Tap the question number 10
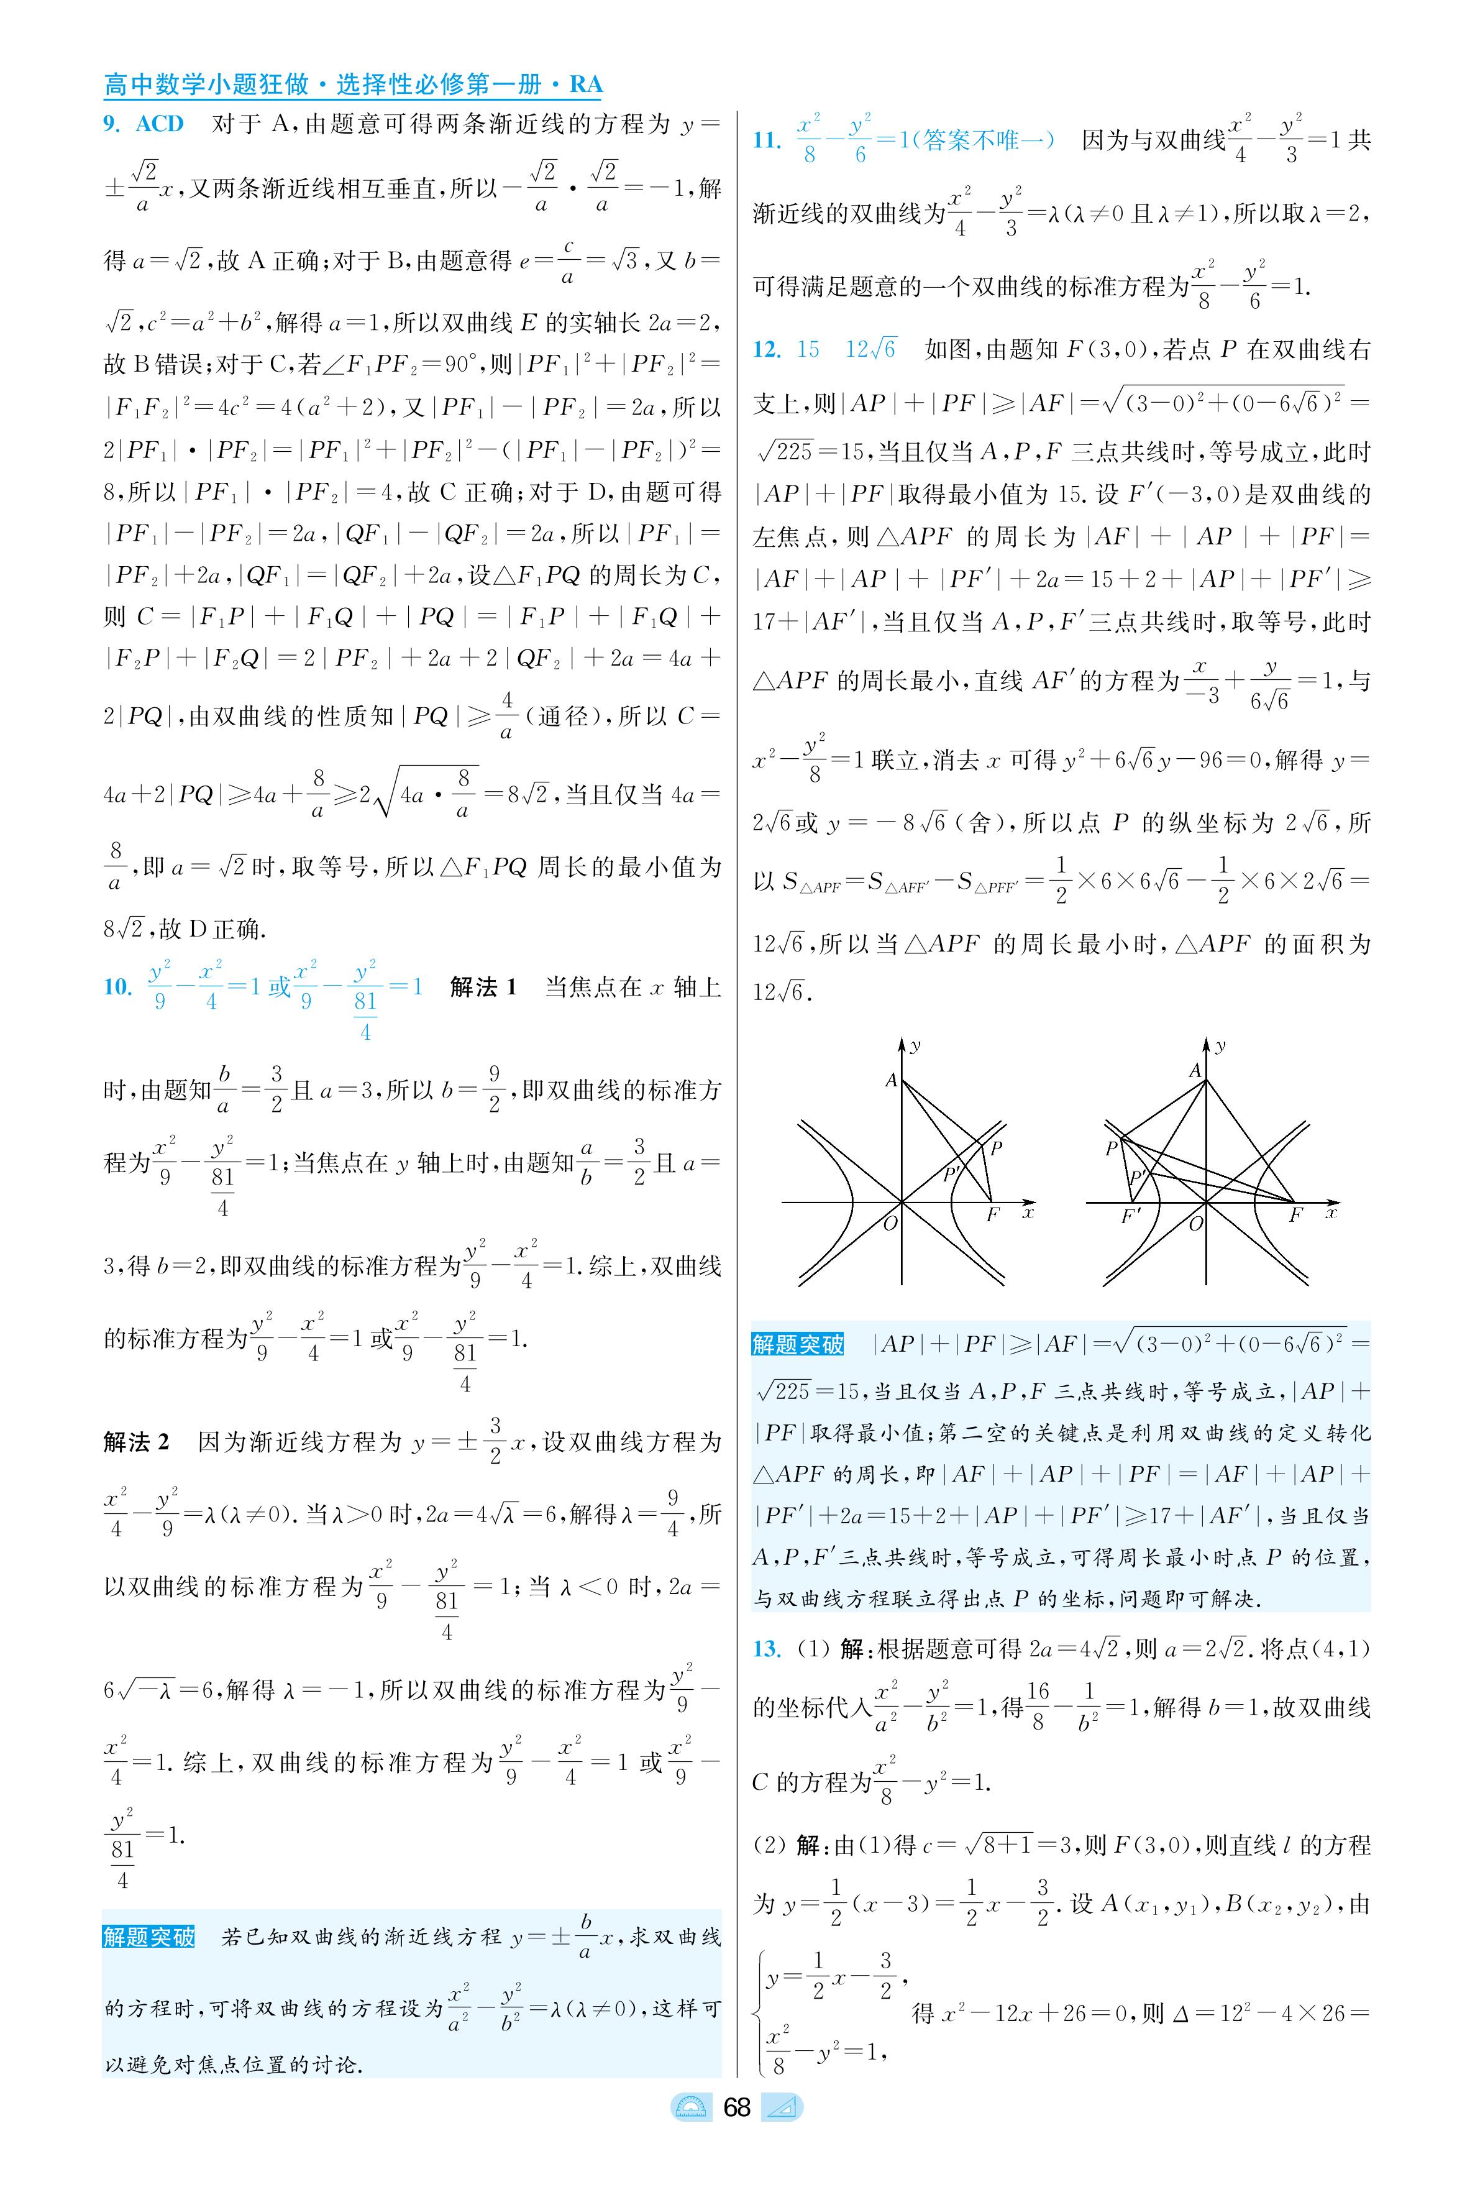117,987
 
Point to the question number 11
767,141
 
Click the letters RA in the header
585,85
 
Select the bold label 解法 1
483,987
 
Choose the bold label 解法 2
137,1442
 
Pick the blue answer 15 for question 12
808,350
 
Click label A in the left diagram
891,1081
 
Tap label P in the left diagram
996,1148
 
